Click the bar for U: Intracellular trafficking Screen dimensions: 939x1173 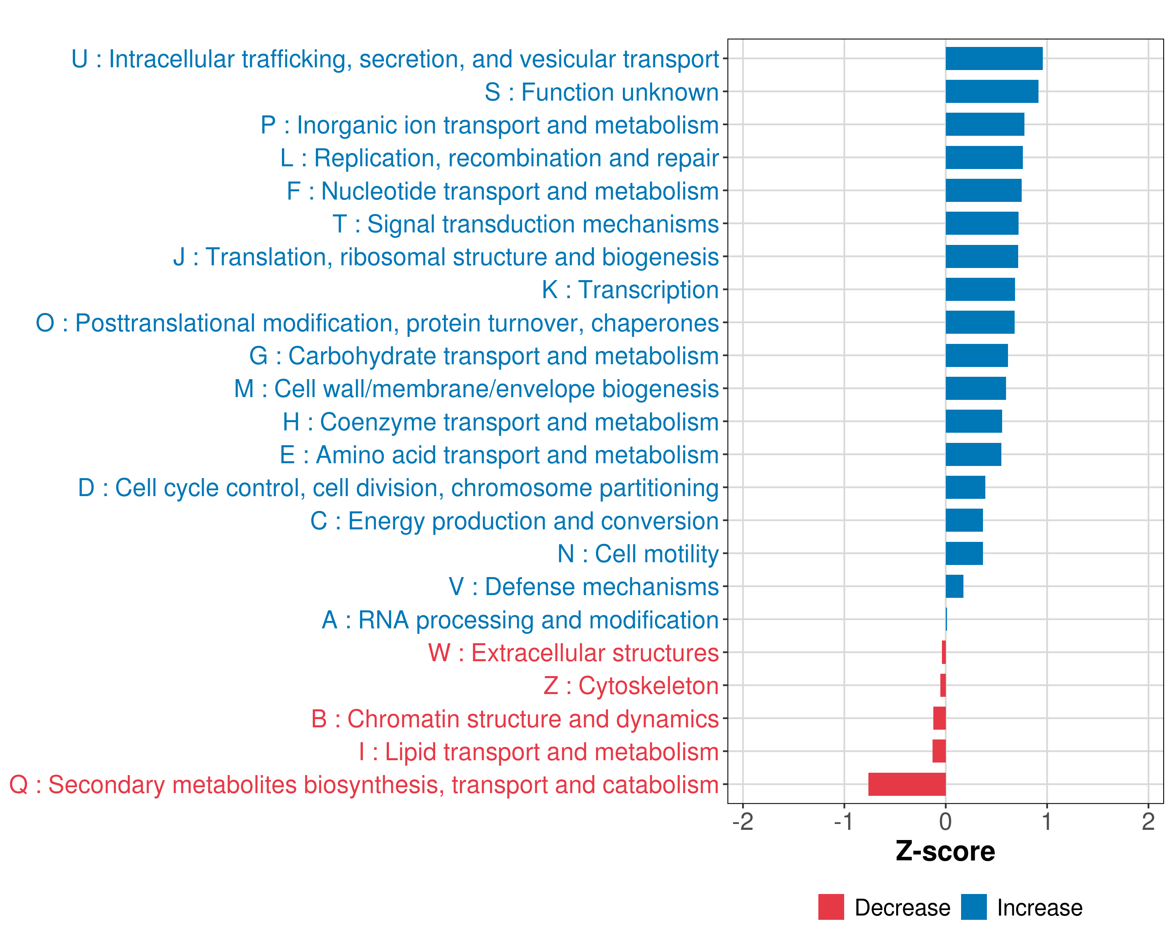click(x=994, y=59)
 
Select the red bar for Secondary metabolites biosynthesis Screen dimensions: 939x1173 click(x=907, y=784)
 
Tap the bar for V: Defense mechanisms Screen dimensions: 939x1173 click(x=954, y=586)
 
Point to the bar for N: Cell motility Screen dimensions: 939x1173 click(x=964, y=554)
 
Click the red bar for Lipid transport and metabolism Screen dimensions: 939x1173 click(x=939, y=751)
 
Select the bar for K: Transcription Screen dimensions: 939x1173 click(x=980, y=290)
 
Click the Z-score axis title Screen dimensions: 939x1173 click(x=945, y=851)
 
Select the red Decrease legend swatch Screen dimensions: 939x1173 click(x=831, y=907)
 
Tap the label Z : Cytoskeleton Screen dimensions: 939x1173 click(x=631, y=686)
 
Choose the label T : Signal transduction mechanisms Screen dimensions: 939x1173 click(x=526, y=224)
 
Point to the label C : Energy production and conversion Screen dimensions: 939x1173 click(x=514, y=521)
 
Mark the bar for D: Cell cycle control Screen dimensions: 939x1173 click(x=965, y=487)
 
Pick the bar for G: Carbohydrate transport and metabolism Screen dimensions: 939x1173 click(x=977, y=356)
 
